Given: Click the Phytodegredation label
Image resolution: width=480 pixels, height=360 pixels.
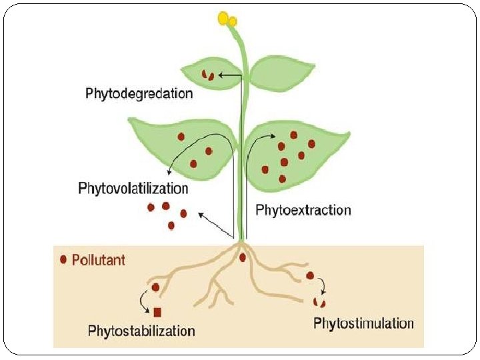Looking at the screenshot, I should (139, 93).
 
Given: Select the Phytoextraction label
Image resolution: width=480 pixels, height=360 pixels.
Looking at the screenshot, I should (303, 210).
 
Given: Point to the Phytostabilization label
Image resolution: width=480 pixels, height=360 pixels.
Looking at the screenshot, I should (141, 331).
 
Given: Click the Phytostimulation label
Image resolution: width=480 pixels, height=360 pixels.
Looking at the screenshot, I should (363, 324).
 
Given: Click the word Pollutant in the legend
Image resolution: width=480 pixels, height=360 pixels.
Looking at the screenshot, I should (98, 259).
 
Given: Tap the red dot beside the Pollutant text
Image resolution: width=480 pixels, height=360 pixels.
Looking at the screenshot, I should (64, 259).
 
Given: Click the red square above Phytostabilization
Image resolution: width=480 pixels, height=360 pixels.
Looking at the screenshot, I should (157, 312).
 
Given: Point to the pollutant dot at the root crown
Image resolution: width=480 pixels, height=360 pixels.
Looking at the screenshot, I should (242, 257).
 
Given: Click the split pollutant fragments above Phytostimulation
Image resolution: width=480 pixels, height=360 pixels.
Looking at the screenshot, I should (319, 303).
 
